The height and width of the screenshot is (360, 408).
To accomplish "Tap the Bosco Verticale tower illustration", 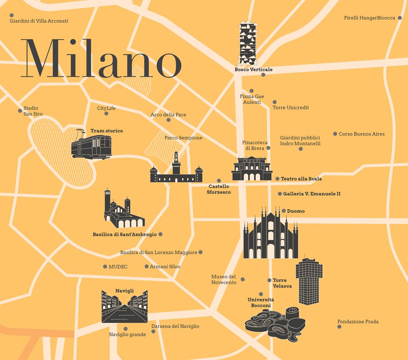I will coord(248,43).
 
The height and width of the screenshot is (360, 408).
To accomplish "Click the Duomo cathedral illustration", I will coord(271,235).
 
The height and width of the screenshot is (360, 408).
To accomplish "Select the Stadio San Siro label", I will coord(33,111).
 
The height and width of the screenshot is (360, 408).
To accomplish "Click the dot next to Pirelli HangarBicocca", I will coord(399,18).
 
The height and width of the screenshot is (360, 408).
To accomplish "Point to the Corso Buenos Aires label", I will coord(361,134).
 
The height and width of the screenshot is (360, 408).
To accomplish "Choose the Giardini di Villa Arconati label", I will coord(39,21).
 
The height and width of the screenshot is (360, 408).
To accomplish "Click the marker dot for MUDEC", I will coord(105,266).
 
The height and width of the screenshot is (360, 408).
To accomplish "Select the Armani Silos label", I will coord(165,267).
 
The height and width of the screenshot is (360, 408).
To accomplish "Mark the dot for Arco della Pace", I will coord(168,120).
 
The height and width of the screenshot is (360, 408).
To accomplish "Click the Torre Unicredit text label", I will coord(290,108).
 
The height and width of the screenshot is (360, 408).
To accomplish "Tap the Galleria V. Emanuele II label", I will coord(312,194).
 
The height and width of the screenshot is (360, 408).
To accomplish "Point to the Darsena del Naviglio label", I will coord(175,326).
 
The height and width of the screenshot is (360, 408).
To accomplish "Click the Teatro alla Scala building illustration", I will coord(252,168).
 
